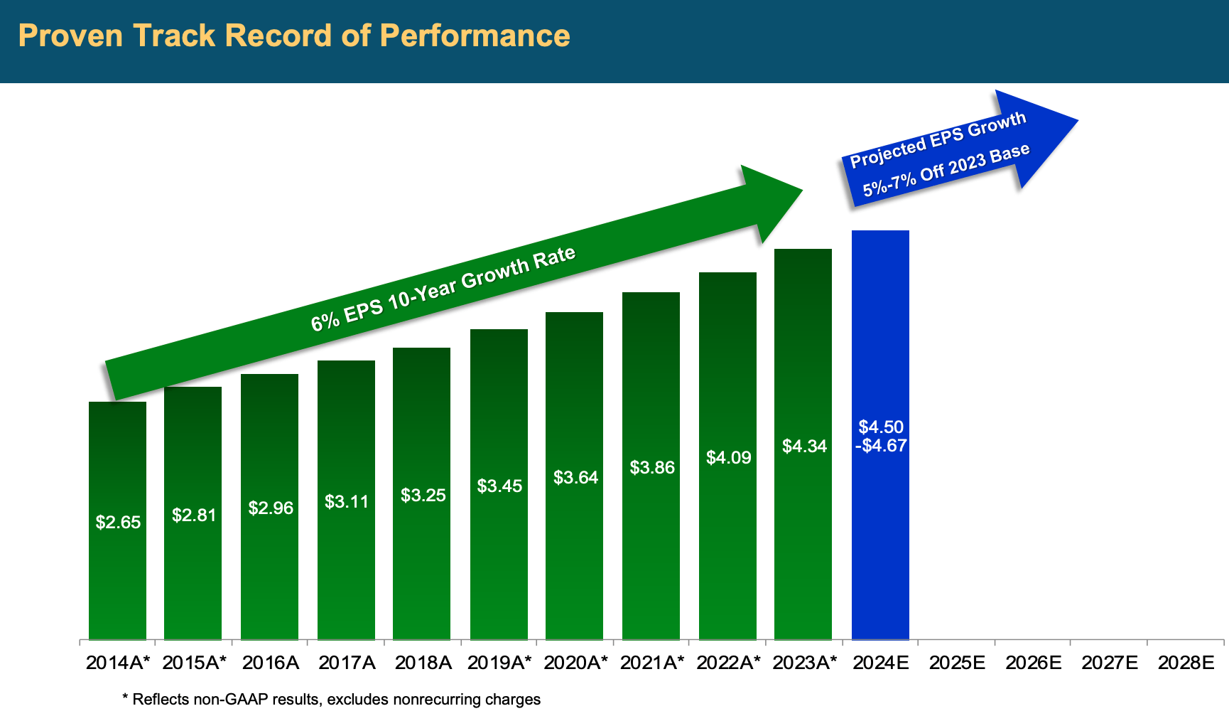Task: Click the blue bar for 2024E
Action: (x=880, y=540)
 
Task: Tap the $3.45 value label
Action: (x=499, y=486)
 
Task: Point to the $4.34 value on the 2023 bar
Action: (x=804, y=447)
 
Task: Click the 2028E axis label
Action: (x=1186, y=663)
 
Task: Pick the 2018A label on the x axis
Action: (x=423, y=663)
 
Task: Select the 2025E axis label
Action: (x=957, y=663)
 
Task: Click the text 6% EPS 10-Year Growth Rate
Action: (x=443, y=288)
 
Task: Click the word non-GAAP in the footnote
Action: (x=254, y=700)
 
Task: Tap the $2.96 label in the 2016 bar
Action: (x=271, y=508)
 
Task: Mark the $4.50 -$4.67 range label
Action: (x=881, y=437)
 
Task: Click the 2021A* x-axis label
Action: (x=651, y=663)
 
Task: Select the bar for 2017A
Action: (x=346, y=569)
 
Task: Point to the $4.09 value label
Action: (x=728, y=458)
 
